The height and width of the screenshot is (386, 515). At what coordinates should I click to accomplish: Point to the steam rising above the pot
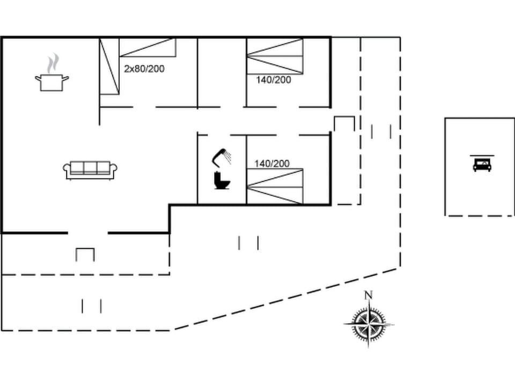coord(52,63)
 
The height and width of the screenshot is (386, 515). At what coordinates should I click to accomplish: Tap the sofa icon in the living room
coord(90,170)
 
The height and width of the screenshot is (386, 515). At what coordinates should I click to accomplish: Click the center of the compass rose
coord(369,324)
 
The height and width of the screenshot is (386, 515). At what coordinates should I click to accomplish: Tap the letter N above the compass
coord(368,295)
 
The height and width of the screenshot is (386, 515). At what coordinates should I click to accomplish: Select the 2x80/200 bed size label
coord(144,69)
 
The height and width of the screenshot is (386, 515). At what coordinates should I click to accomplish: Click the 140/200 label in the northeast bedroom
coord(273,80)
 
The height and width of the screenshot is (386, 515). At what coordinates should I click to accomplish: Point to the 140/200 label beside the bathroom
coord(271,164)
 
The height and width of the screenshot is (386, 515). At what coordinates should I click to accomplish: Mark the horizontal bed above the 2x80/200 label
coord(148,47)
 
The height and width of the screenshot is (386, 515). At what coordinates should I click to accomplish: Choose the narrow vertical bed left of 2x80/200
coord(109,66)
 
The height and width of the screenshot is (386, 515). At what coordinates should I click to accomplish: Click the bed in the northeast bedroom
coord(275,56)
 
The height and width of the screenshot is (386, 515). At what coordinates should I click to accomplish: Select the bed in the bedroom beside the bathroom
coord(275,187)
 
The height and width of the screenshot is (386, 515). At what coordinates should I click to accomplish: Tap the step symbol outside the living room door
coord(85,254)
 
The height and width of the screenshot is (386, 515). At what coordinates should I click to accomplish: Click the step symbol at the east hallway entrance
coord(344,123)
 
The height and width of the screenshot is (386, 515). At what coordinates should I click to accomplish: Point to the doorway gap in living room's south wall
coord(88,233)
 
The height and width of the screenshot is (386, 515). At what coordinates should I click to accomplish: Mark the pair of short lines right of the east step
coord(381,131)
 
